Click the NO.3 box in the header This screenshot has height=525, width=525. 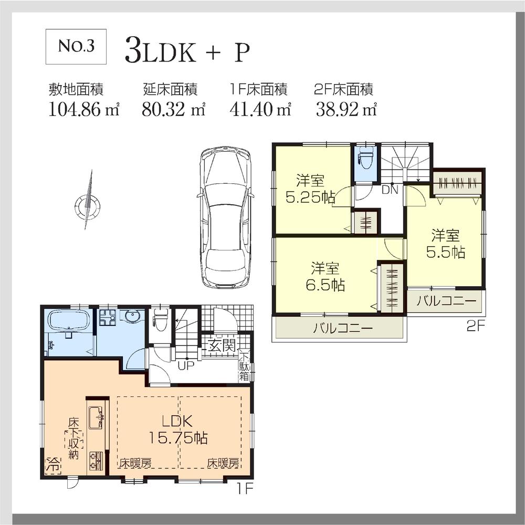(77, 46)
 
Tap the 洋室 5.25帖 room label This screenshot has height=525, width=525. (309, 190)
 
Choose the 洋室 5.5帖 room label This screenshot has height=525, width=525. (445, 243)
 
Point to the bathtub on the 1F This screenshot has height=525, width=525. (68, 321)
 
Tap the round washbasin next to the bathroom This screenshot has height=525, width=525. (131, 317)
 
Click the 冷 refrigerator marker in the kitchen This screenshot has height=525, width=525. (53, 464)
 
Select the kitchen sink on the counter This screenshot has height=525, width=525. (97, 418)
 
